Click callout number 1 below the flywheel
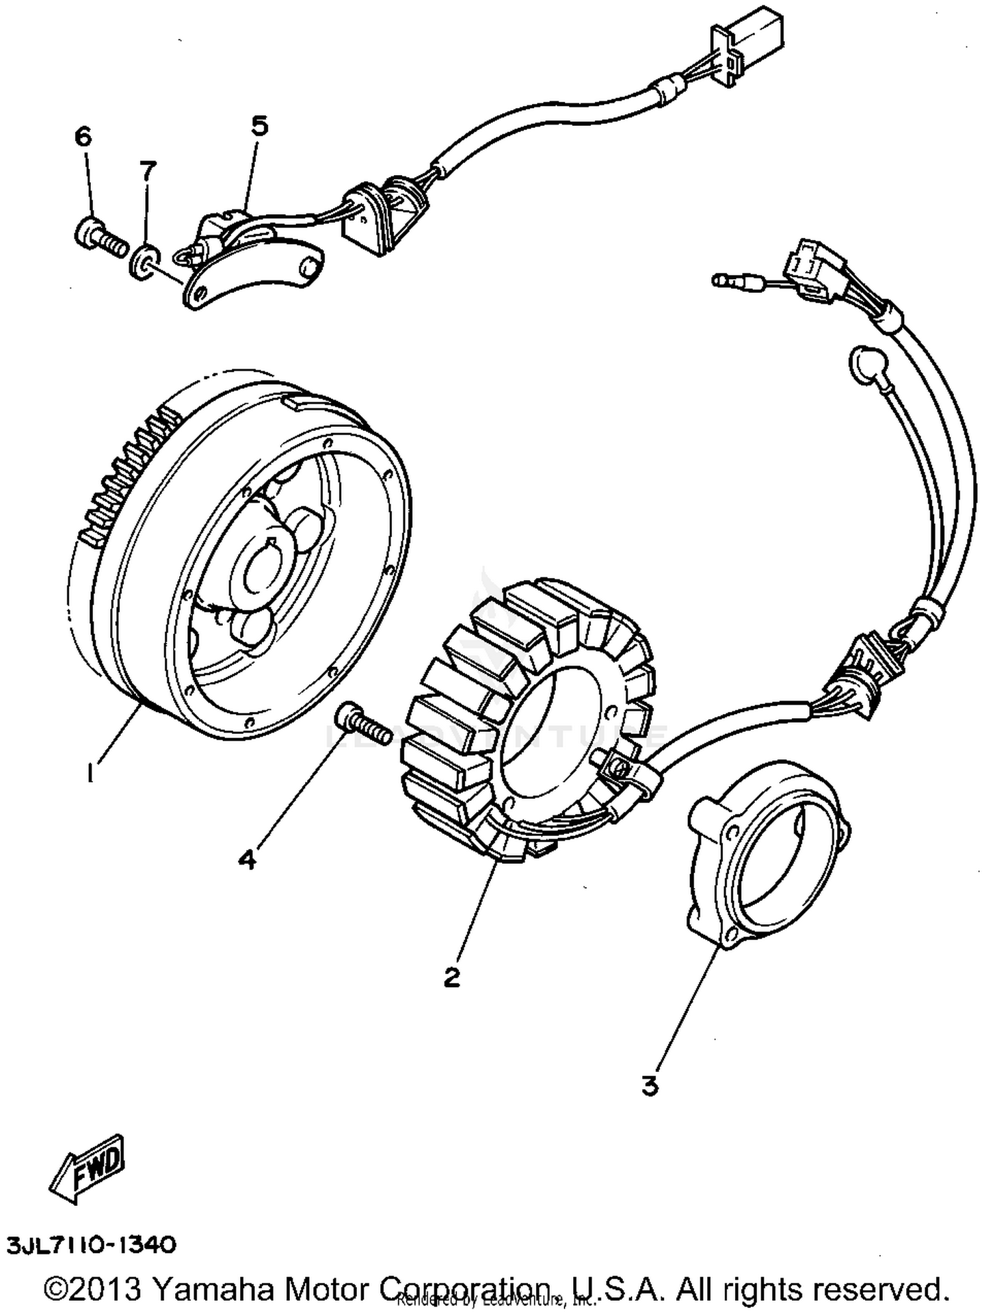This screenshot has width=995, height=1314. pyautogui.click(x=90, y=773)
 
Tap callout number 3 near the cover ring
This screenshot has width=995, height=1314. pyautogui.click(x=649, y=1086)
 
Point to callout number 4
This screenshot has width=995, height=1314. pyautogui.click(x=247, y=861)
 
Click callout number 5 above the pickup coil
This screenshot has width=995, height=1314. pyautogui.click(x=259, y=125)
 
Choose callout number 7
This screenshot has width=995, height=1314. pyautogui.click(x=148, y=171)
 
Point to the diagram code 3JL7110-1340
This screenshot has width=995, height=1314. pyautogui.click(x=92, y=1244)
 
